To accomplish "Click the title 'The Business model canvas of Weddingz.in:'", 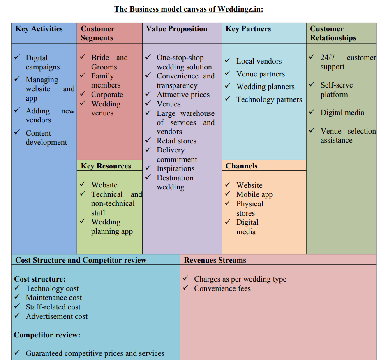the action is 189,9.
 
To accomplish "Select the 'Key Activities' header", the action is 39,29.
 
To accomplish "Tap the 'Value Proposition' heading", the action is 177,29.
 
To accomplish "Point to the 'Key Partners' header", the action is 248,29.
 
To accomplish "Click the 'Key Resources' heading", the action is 106,166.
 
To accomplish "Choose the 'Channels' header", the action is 241,166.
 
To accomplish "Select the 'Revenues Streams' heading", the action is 215,260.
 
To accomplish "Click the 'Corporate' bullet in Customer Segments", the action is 107,95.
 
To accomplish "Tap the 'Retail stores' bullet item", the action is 176,141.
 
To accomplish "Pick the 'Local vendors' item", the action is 259,61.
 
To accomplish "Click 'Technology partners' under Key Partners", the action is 269,99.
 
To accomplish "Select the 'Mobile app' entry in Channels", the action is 255,194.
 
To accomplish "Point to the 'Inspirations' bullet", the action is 175,168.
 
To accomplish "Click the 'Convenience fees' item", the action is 222,288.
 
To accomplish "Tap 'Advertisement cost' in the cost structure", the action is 57,316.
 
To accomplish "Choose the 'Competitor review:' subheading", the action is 47,335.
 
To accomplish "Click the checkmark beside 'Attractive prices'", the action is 148,94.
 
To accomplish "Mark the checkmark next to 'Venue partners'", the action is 228,73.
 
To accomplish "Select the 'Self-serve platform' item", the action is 337,90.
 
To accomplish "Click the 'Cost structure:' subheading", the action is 40,279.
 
